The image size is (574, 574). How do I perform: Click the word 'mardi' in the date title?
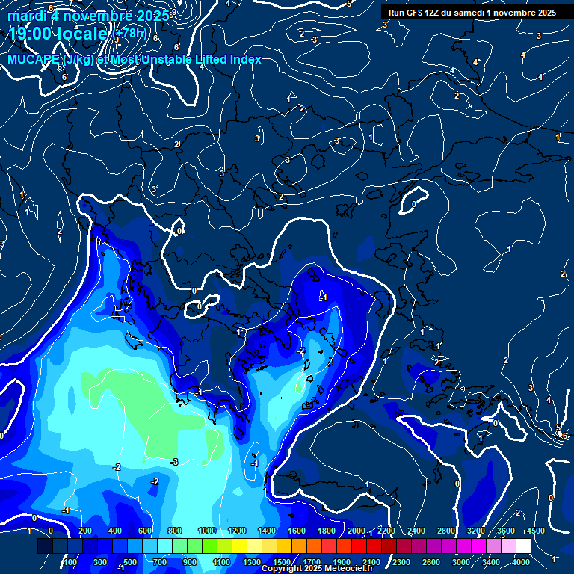point(26,16)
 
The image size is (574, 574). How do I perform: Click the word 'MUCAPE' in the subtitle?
point(34,60)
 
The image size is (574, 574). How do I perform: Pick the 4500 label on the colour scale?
point(535,531)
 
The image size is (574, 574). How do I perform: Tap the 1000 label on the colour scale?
point(206,531)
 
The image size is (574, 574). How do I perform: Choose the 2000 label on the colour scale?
point(356,531)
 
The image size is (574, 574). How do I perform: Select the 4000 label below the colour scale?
point(521,562)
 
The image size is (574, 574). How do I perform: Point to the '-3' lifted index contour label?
point(174,462)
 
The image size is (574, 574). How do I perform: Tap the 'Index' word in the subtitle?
point(244,60)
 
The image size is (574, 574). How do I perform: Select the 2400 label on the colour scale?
point(416,531)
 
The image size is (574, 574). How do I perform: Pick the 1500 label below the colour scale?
point(282,562)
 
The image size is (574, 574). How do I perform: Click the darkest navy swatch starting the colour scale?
point(45,546)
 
